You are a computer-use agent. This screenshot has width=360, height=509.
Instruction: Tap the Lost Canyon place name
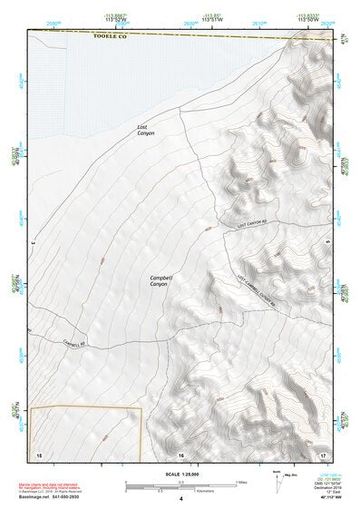pyautogui.click(x=146, y=130)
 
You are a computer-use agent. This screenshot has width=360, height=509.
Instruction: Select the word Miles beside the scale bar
pyautogui.click(x=240, y=482)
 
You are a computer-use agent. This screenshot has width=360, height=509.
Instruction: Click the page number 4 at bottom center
pyautogui.click(x=180, y=500)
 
